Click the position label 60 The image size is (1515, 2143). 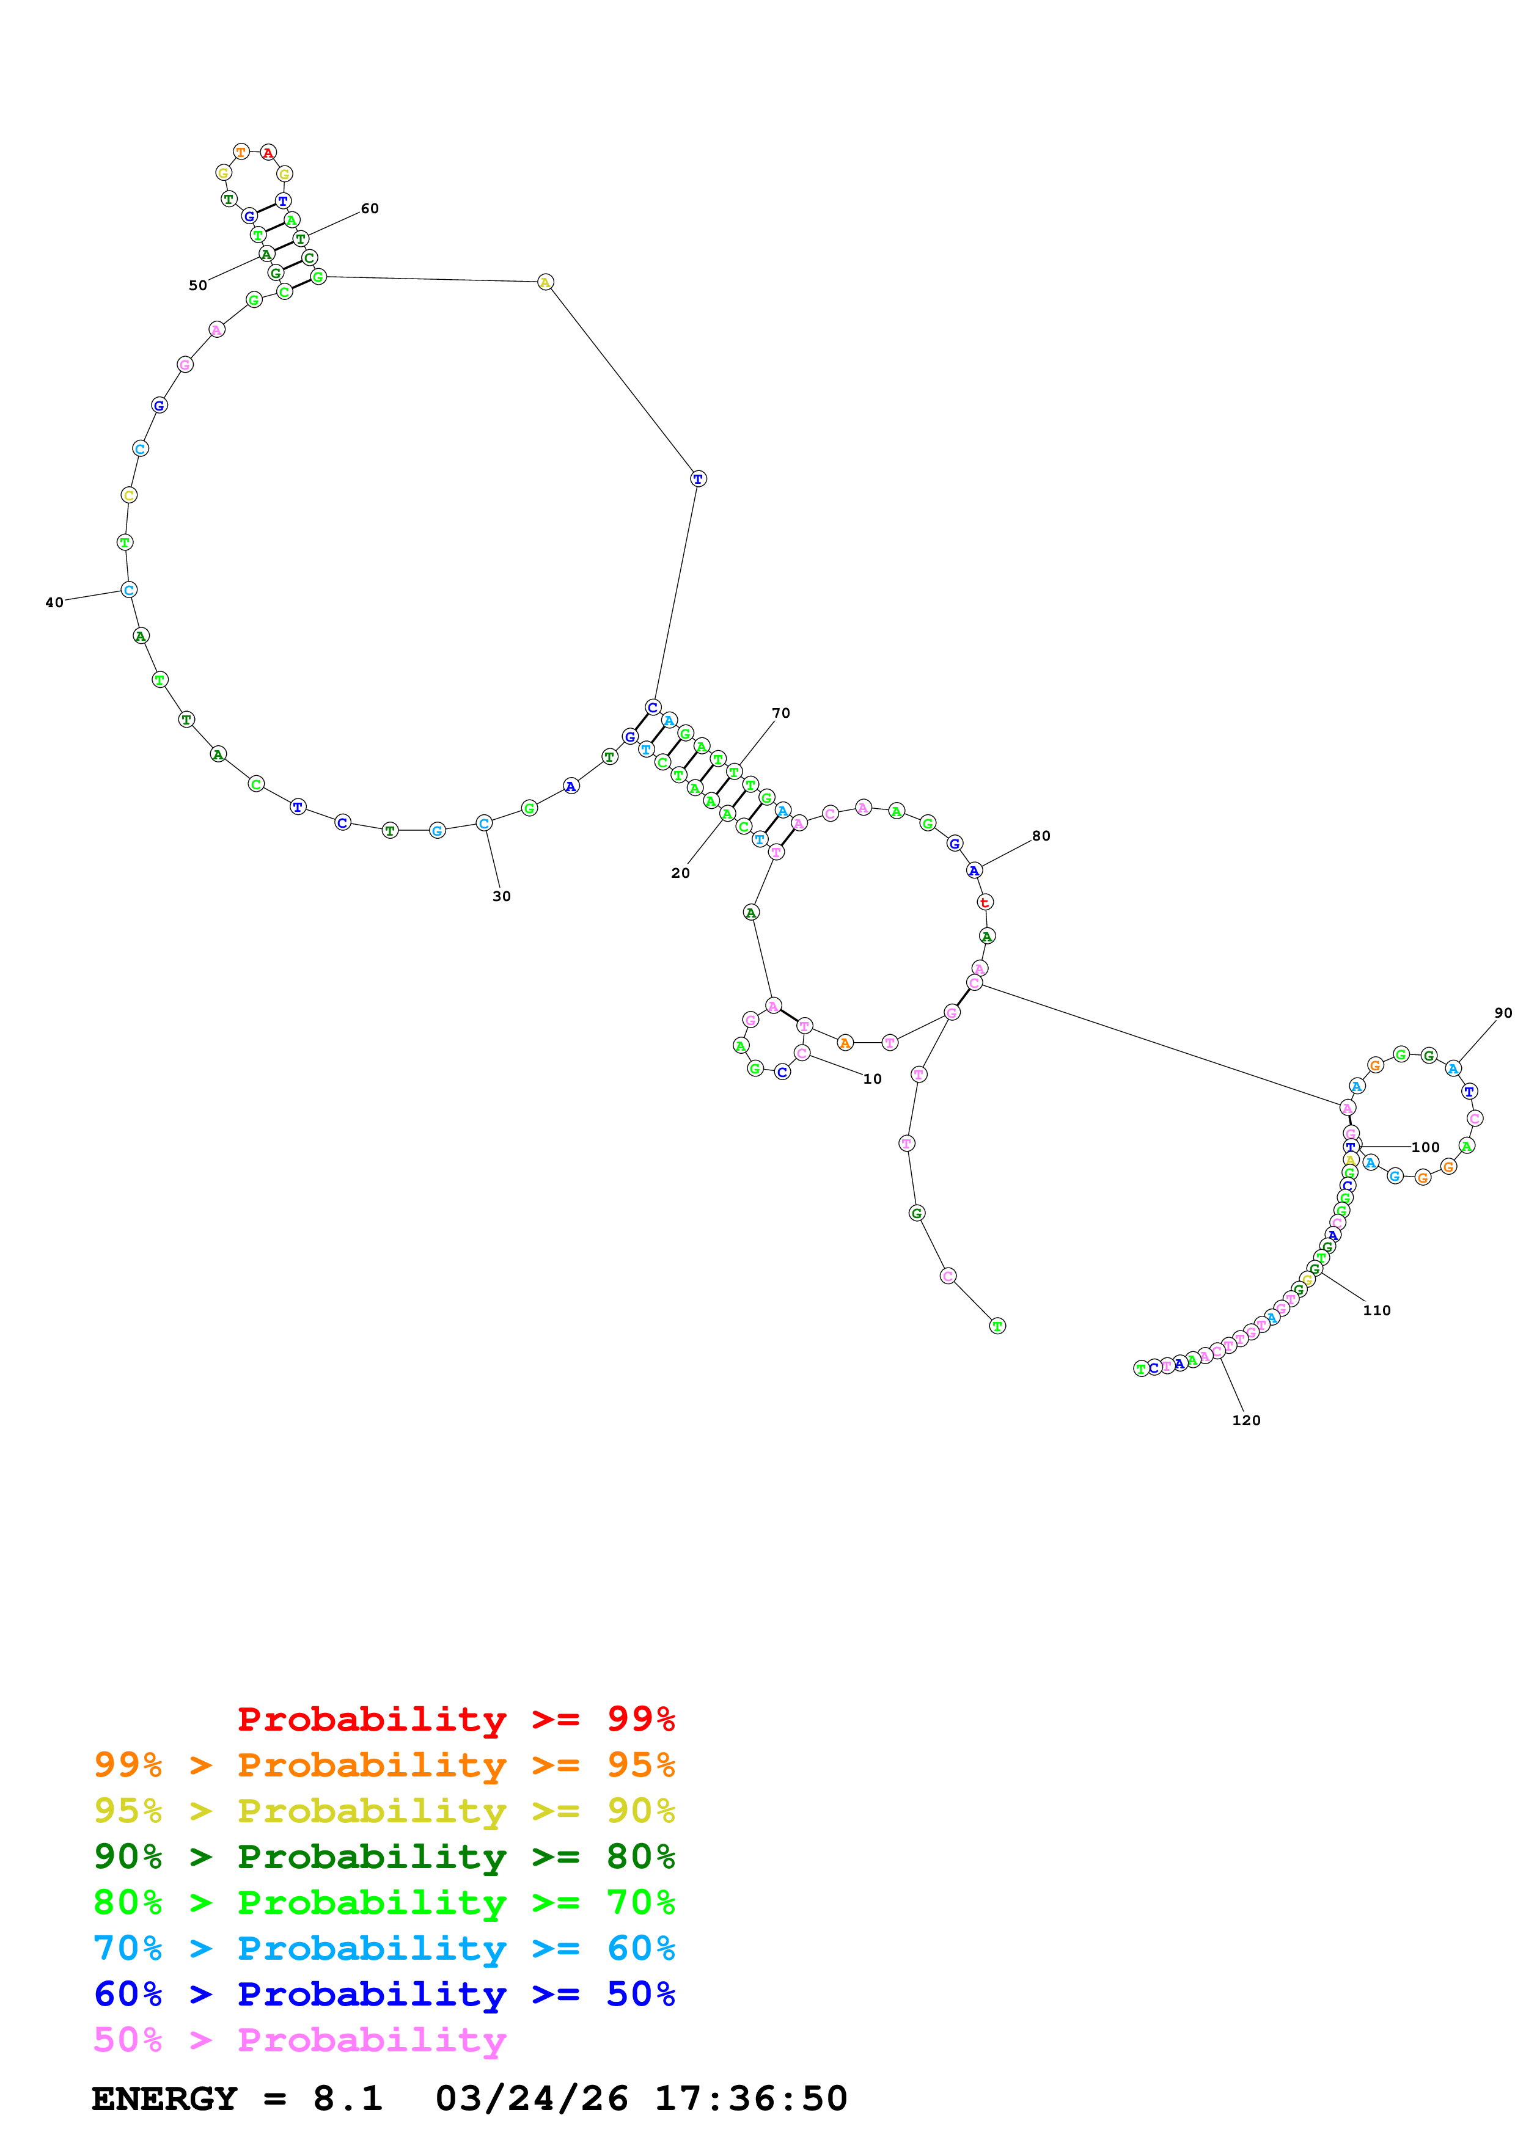pos(370,209)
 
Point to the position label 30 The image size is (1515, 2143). pos(501,896)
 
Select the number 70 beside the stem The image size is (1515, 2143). pos(780,713)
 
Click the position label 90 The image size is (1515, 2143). pos(1503,1013)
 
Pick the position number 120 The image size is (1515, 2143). pos(1246,1420)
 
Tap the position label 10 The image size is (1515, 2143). pos(872,1079)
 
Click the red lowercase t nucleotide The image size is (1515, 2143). pos(985,902)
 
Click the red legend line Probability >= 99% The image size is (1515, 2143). pos(455,1719)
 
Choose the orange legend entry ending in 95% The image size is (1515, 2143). pos(384,1765)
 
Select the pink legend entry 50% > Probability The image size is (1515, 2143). pos(299,2039)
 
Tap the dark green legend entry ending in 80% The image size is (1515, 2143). pos(384,1856)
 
